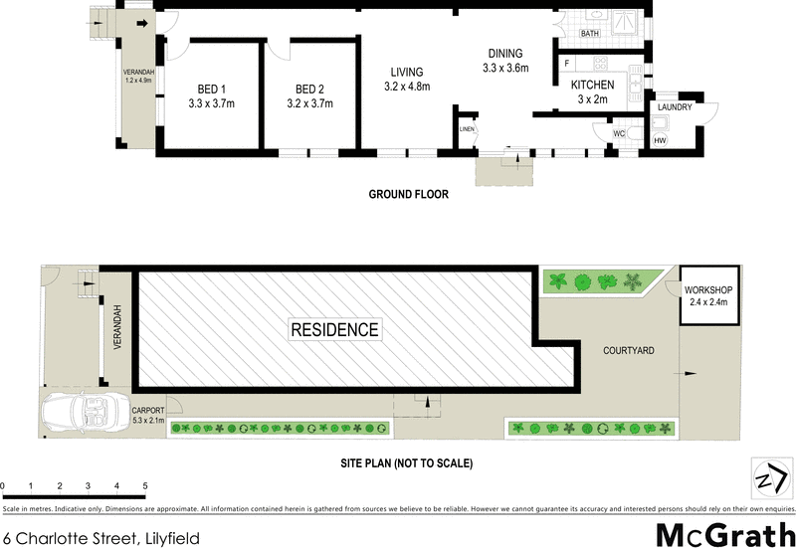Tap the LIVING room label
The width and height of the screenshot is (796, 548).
point(407,72)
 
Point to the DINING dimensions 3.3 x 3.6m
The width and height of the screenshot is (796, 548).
point(505,69)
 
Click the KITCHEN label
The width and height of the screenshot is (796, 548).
point(592,86)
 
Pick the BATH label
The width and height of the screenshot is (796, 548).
point(590,34)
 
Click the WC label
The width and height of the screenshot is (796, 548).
point(619,132)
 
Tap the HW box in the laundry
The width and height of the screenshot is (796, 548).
point(660,141)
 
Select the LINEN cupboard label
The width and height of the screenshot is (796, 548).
point(467,129)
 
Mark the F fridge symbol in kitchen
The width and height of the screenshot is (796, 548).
point(566,64)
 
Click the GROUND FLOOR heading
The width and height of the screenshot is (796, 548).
point(408,195)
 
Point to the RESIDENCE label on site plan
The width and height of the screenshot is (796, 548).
point(334,329)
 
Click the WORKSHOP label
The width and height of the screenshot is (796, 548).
point(708,289)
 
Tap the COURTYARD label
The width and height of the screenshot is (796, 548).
point(629,351)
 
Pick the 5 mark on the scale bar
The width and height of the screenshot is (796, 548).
point(145,485)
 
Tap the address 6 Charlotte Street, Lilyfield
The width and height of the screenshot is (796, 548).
point(100,538)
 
